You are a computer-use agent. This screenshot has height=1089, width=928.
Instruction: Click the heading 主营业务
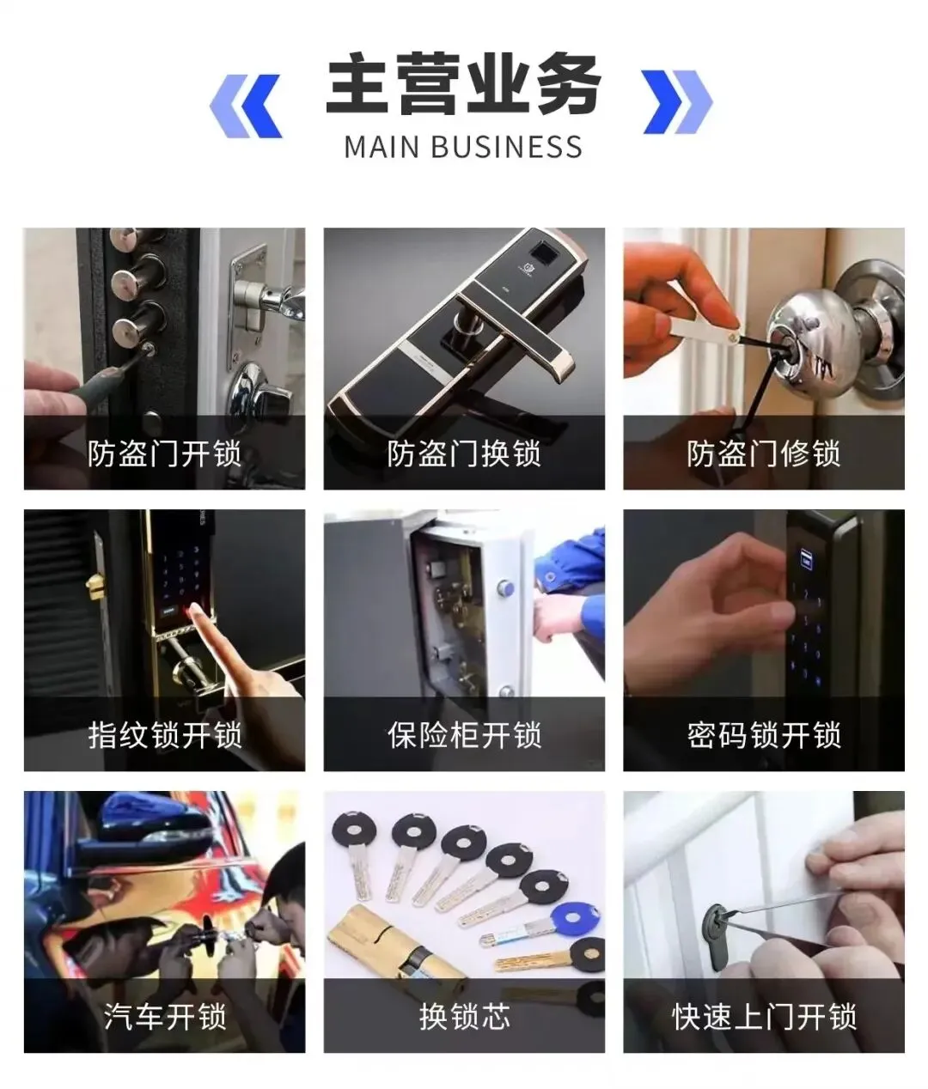[464, 83]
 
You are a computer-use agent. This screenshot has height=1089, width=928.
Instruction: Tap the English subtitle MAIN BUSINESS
[463, 147]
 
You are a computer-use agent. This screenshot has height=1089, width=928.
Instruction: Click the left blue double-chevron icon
[247, 106]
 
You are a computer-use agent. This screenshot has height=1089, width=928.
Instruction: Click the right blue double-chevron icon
[678, 101]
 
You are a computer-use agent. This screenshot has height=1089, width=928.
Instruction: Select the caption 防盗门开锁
[164, 453]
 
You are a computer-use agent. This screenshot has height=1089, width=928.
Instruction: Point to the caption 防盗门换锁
[464, 453]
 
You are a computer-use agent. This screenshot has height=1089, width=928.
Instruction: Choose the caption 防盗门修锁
[764, 453]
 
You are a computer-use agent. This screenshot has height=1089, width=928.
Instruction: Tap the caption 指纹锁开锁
[164, 735]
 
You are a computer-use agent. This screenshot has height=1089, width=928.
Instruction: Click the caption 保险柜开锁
[464, 735]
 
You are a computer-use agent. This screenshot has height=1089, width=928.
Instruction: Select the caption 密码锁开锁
[764, 735]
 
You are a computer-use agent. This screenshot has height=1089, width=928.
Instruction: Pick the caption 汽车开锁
[164, 1016]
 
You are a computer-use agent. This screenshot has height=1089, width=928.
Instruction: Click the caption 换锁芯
[464, 1016]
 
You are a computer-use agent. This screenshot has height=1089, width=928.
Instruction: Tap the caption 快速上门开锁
[764, 1016]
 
